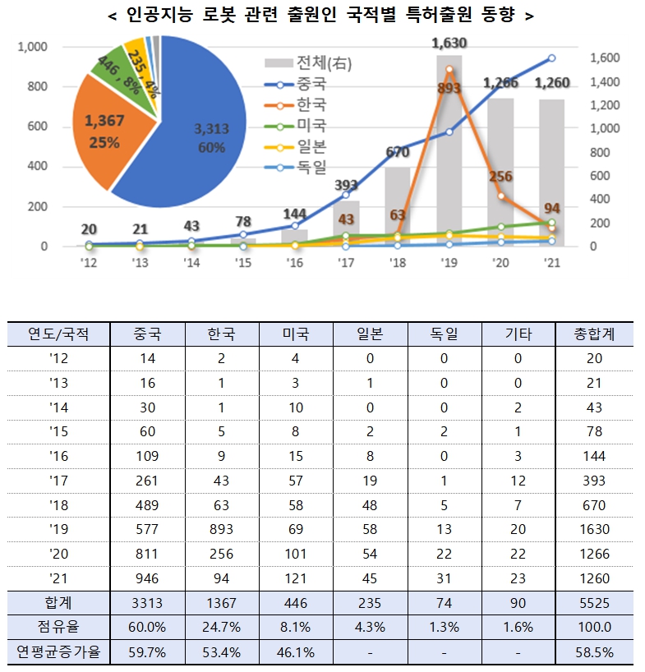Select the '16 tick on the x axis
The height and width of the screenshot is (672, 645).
pos(294,263)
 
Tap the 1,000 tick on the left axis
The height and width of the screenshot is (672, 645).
pos(33,47)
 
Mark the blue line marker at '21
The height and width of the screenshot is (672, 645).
pos(551,58)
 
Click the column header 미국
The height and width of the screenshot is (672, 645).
pos(295,334)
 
